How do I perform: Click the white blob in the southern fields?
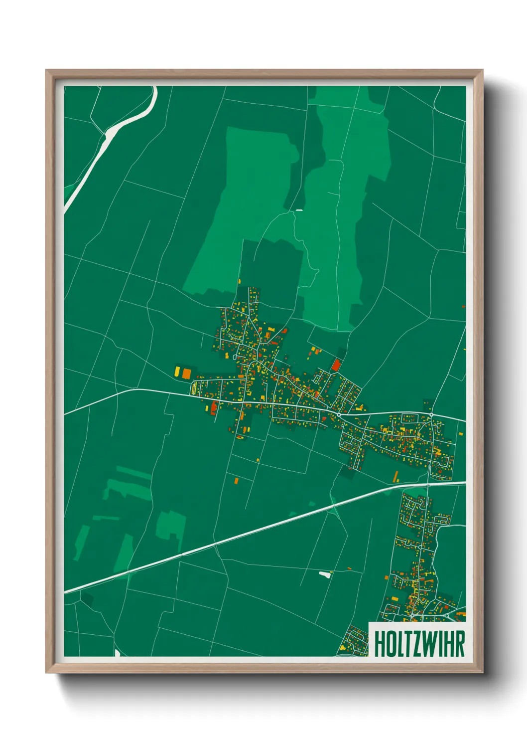(325, 574)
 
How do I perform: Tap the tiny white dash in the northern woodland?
(299, 210)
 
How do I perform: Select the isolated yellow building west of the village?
(177, 371)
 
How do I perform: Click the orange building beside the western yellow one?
(186, 373)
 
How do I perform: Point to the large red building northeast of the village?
(336, 366)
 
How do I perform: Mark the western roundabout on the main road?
(339, 414)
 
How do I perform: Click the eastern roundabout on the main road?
(431, 415)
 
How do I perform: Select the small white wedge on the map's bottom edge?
(117, 653)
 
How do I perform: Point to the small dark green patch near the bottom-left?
(88, 600)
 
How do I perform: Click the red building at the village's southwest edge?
(214, 407)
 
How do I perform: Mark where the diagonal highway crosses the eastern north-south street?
(428, 484)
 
